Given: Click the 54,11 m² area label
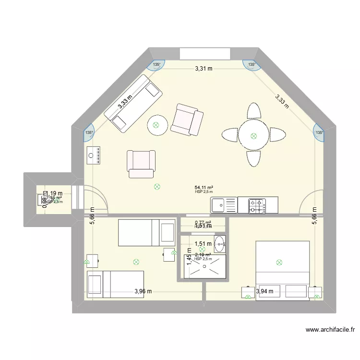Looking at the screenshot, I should coord(204,188).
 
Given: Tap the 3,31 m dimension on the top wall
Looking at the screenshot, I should coord(204,69).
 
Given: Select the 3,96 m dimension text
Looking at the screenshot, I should coord(143,291).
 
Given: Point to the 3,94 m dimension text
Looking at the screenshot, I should coord(264,291).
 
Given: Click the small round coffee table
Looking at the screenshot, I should coord(156,126).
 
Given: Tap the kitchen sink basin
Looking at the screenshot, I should coord(219,205).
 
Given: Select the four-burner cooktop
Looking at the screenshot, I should coord(257,205).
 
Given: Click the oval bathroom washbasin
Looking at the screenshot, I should coord(219,244).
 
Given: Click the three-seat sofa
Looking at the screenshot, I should coord(132,104).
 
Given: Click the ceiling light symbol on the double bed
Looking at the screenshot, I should coord(279,262).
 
